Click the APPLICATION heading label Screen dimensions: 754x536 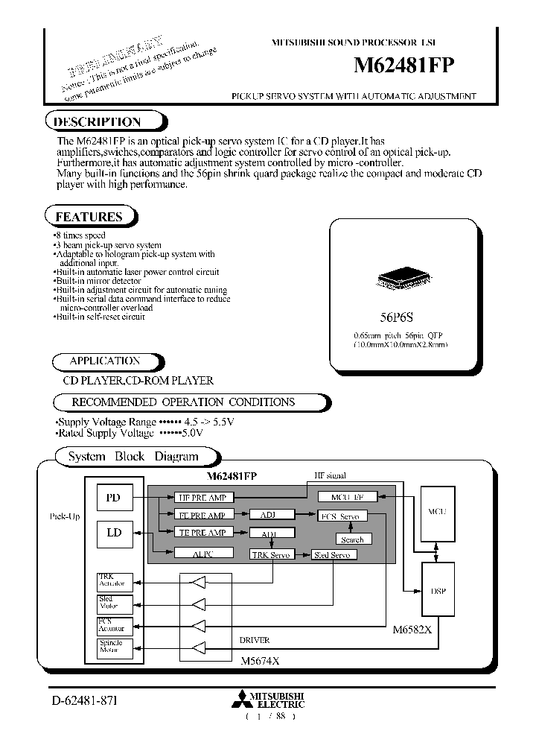(x=105, y=361)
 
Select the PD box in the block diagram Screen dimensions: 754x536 (x=113, y=498)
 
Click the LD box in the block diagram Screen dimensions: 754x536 (x=113, y=533)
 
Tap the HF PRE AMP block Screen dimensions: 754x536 (x=202, y=498)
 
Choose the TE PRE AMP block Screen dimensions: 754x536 (x=202, y=533)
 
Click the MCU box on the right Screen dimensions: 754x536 (x=436, y=513)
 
